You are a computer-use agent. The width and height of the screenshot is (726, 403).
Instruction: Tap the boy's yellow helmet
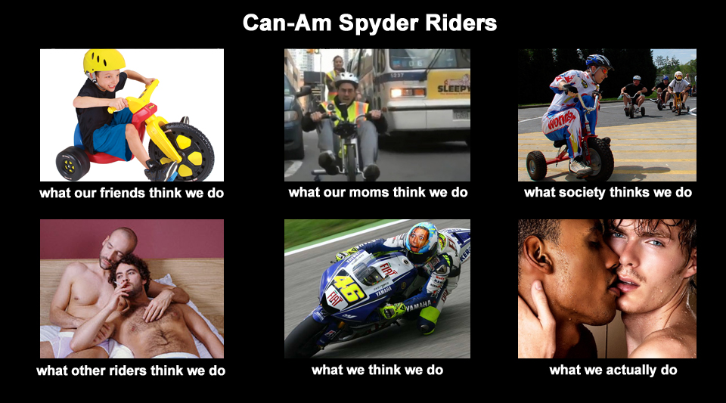[104, 60]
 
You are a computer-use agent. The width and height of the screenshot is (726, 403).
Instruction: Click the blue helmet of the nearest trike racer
[599, 61]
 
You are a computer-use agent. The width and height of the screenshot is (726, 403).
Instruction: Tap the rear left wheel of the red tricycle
[536, 165]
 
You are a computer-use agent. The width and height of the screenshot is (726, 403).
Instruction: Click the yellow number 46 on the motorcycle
[348, 288]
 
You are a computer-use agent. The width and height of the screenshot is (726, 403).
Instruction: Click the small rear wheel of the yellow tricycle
[73, 163]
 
